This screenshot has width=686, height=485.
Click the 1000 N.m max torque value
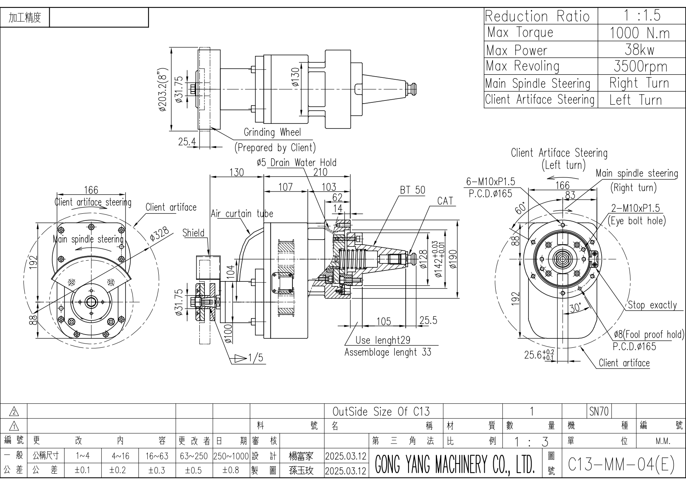[639, 33]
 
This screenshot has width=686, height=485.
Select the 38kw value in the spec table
[639, 50]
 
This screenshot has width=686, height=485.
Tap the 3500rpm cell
[640, 66]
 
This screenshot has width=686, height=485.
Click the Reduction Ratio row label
[537, 16]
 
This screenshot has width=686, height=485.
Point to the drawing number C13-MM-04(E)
[621, 464]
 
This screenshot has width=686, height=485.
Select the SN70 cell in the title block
[599, 412]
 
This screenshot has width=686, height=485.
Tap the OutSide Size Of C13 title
[381, 412]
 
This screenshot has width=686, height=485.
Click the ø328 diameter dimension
[159, 234]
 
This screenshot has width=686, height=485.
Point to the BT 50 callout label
[412, 190]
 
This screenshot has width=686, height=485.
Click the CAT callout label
[445, 201]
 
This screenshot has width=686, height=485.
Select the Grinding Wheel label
[272, 132]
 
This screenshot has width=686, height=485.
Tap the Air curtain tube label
[242, 214]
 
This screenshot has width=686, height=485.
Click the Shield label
[193, 233]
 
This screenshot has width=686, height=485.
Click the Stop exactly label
[652, 305]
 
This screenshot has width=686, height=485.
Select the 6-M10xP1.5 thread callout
[491, 182]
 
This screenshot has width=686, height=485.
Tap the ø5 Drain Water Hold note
[296, 163]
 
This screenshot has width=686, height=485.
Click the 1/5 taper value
[256, 358]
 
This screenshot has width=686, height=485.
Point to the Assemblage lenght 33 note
[388, 353]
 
